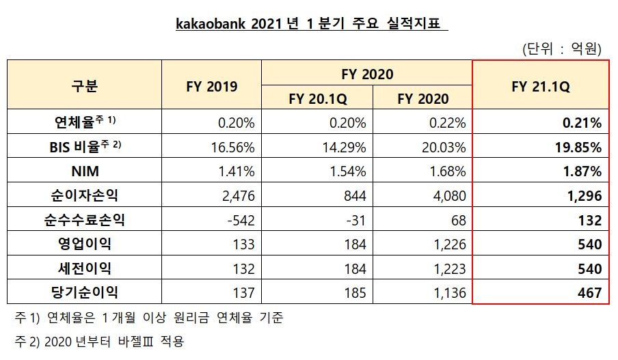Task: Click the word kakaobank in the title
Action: (x=209, y=25)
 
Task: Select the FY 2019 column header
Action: (x=211, y=86)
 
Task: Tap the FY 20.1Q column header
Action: (x=319, y=98)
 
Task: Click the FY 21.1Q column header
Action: (x=541, y=87)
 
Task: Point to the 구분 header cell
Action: (x=84, y=86)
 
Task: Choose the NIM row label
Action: (x=84, y=171)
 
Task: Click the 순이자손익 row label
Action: (x=84, y=196)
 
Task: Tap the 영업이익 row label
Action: (x=84, y=244)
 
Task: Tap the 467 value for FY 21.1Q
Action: (x=589, y=293)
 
